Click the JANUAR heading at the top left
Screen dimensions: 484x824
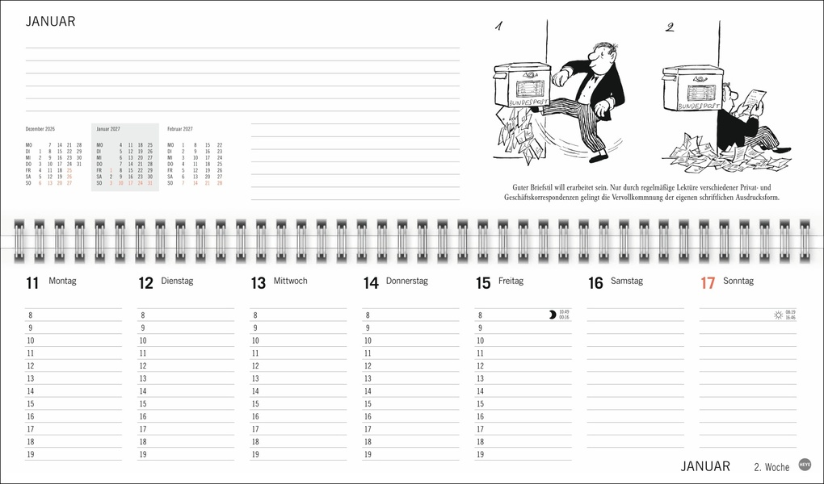(x=50, y=22)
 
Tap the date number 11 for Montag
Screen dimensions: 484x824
(x=32, y=283)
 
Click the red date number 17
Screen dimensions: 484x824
(x=708, y=283)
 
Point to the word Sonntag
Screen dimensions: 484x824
(x=738, y=282)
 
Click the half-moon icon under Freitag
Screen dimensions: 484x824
(x=552, y=315)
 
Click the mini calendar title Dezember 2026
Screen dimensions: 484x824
(x=40, y=129)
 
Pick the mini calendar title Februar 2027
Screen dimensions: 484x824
(x=180, y=129)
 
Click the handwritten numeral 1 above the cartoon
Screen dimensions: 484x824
(x=499, y=27)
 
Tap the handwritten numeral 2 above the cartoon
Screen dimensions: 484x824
(x=669, y=27)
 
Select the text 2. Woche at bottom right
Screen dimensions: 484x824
(x=771, y=467)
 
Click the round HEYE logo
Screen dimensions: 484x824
(x=805, y=465)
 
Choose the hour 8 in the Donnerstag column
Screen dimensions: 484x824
(x=368, y=315)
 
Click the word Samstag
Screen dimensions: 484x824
(x=626, y=282)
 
